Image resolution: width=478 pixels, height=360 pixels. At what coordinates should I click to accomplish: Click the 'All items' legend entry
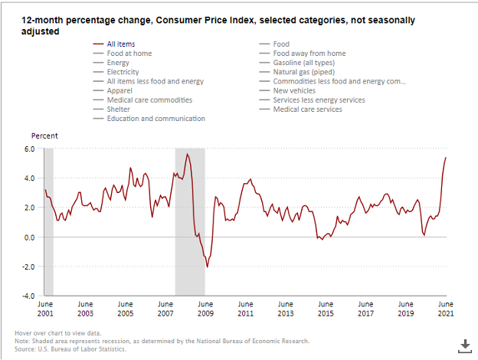[x=122, y=44]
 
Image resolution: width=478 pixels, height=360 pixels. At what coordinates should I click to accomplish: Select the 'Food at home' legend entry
[x=130, y=54]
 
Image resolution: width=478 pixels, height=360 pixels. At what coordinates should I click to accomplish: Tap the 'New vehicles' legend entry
[x=296, y=90]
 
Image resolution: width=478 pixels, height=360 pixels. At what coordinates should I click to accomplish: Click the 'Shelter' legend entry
[x=119, y=109]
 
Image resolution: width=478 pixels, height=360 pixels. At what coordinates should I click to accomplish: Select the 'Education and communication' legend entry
[x=156, y=118]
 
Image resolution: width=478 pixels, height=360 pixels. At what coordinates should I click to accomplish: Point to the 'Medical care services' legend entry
[x=307, y=109]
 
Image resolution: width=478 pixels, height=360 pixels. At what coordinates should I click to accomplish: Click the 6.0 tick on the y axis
[x=29, y=149]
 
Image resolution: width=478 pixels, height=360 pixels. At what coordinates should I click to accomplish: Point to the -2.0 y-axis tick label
[x=28, y=267]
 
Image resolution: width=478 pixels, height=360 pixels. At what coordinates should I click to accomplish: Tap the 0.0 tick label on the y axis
[x=29, y=237]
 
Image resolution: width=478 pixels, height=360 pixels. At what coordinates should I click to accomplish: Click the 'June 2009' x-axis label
[x=205, y=309]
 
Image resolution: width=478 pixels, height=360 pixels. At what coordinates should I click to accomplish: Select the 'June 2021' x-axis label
[x=446, y=309]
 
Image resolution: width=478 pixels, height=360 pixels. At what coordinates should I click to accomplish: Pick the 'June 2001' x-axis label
[x=45, y=309]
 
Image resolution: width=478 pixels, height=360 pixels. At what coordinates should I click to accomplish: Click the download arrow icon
[x=464, y=345]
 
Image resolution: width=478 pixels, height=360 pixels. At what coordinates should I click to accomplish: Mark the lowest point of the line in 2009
[x=207, y=267]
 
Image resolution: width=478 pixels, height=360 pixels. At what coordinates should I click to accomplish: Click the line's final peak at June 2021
[x=446, y=157]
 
